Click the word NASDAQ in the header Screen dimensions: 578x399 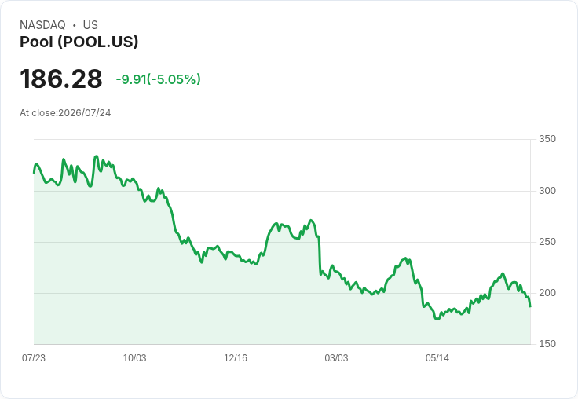tap(42, 25)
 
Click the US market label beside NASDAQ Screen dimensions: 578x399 tap(90, 25)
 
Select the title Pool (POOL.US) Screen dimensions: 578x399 tap(79, 42)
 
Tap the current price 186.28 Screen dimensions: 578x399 tap(60, 79)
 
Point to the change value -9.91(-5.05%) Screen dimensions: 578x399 tap(158, 79)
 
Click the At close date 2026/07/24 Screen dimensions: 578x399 tap(84, 113)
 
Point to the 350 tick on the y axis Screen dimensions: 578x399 tap(547, 139)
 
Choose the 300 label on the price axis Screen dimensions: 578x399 tap(547, 191)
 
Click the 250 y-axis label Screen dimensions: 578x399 tap(547, 242)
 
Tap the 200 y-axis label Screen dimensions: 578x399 tap(547, 293)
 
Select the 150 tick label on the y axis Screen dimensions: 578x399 tap(547, 344)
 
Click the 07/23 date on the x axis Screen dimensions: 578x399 tap(34, 357)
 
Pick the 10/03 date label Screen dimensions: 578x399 tap(134, 357)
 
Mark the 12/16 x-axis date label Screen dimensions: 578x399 tap(236, 357)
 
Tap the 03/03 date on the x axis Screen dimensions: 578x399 tap(336, 357)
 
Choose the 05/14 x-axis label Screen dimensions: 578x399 tap(437, 357)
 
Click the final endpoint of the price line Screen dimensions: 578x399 tap(530, 306)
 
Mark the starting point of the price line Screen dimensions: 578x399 tap(34, 173)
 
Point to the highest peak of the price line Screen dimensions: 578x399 tap(97, 156)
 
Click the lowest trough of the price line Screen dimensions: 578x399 tap(437, 319)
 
